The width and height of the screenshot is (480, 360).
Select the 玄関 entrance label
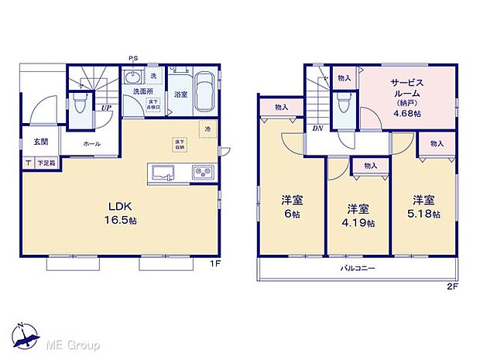(x=40, y=142)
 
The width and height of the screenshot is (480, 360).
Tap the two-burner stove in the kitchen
(x=201, y=171)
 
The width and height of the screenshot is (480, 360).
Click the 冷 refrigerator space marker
(x=207, y=129)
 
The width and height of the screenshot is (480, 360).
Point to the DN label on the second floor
(x=317, y=129)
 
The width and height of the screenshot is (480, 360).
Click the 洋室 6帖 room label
(x=292, y=206)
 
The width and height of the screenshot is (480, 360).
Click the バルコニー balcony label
(x=358, y=269)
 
